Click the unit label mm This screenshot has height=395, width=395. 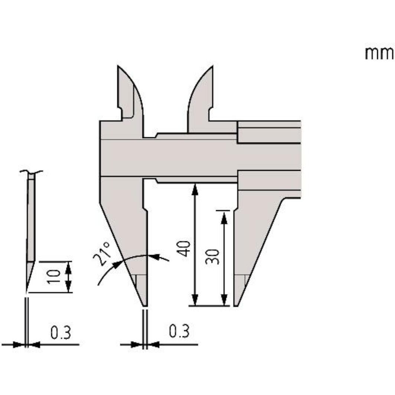pos(379,54)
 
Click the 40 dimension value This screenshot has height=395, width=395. pos(185,248)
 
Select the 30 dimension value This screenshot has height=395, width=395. pos(213,257)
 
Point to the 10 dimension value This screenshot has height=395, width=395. pos(54,276)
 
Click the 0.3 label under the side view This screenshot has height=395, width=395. pos(61,333)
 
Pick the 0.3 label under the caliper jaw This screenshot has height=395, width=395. pos(179,332)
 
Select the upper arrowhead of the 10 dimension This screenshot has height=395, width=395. pos(68,266)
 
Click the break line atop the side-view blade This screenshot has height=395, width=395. pos(31,172)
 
